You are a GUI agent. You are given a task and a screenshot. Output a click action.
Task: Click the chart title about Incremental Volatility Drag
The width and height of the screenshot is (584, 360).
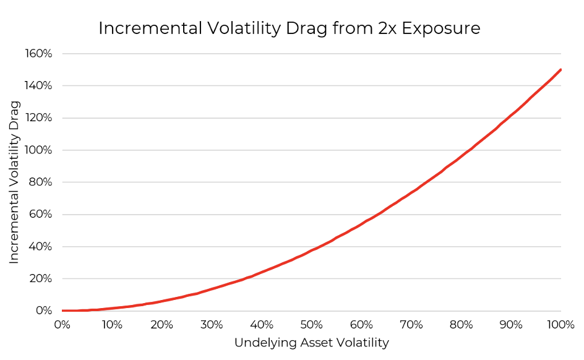pyautogui.click(x=290, y=28)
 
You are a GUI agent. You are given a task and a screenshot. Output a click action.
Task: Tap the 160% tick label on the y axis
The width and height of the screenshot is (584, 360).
pyautogui.click(x=38, y=54)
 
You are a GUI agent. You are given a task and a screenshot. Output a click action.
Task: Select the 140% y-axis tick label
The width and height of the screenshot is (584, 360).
pyautogui.click(x=38, y=86)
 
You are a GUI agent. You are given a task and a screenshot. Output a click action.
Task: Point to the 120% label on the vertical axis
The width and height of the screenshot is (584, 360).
pyautogui.click(x=38, y=118)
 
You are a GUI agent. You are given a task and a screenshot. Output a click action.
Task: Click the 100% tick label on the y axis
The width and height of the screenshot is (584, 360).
pyautogui.click(x=38, y=150)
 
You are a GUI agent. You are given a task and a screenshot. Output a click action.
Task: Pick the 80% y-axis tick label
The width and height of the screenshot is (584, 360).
pyautogui.click(x=41, y=182)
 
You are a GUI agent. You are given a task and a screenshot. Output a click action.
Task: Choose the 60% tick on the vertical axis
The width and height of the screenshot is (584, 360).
pyautogui.click(x=41, y=215)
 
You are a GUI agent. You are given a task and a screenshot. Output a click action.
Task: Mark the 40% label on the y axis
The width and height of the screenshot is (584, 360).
pyautogui.click(x=41, y=247)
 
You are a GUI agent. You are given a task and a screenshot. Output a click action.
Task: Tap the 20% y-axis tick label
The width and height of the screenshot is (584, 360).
pyautogui.click(x=41, y=279)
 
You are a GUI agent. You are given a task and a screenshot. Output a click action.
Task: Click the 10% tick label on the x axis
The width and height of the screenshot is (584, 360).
pyautogui.click(x=112, y=325)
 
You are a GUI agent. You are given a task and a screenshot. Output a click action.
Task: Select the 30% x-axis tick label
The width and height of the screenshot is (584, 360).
pyautogui.click(x=212, y=325)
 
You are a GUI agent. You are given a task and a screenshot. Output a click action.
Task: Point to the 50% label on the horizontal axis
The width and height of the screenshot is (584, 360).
pyautogui.click(x=312, y=325)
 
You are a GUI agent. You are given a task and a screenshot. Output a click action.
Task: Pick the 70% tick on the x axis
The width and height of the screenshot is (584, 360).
pyautogui.click(x=411, y=325)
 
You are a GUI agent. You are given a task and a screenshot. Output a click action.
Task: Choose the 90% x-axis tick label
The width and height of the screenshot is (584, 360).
pyautogui.click(x=511, y=325)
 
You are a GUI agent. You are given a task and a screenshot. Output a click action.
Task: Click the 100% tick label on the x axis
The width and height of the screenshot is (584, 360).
pyautogui.click(x=560, y=325)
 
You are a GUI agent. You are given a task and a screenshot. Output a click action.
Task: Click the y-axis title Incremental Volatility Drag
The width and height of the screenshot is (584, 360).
pyautogui.click(x=14, y=182)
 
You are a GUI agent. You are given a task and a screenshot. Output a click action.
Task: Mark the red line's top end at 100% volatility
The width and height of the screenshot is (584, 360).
pyautogui.click(x=560, y=69)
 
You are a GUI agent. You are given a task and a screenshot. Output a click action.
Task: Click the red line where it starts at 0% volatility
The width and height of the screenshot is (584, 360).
pyautogui.click(x=62, y=311)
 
